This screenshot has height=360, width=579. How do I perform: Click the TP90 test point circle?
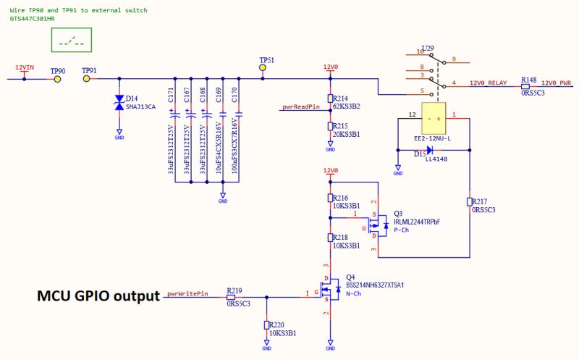(x=56, y=79)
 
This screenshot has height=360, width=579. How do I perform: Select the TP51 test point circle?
(x=263, y=69)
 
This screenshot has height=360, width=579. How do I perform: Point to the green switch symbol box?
(x=72, y=42)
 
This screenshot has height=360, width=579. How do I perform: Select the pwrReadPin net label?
(x=300, y=107)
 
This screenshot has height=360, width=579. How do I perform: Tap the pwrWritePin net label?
(x=187, y=295)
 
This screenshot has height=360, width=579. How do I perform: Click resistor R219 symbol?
(x=234, y=297)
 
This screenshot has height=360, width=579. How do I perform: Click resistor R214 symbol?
(x=331, y=99)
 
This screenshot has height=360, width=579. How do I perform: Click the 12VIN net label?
(x=25, y=69)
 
